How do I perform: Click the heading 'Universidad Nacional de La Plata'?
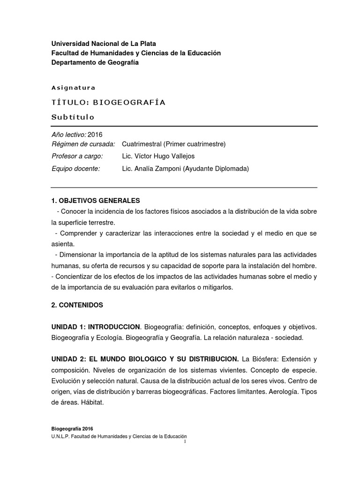coord(104,44)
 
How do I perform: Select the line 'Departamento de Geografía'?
coord(95,62)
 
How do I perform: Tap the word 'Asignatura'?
coord(73,88)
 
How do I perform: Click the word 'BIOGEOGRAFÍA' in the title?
coord(129,103)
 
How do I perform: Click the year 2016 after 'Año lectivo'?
coord(95,135)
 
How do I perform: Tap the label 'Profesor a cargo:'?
coord(77,156)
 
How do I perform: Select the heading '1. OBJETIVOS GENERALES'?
coord(96,201)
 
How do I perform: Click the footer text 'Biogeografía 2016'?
coord(73,428)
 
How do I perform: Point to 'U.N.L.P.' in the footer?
coord(62,436)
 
